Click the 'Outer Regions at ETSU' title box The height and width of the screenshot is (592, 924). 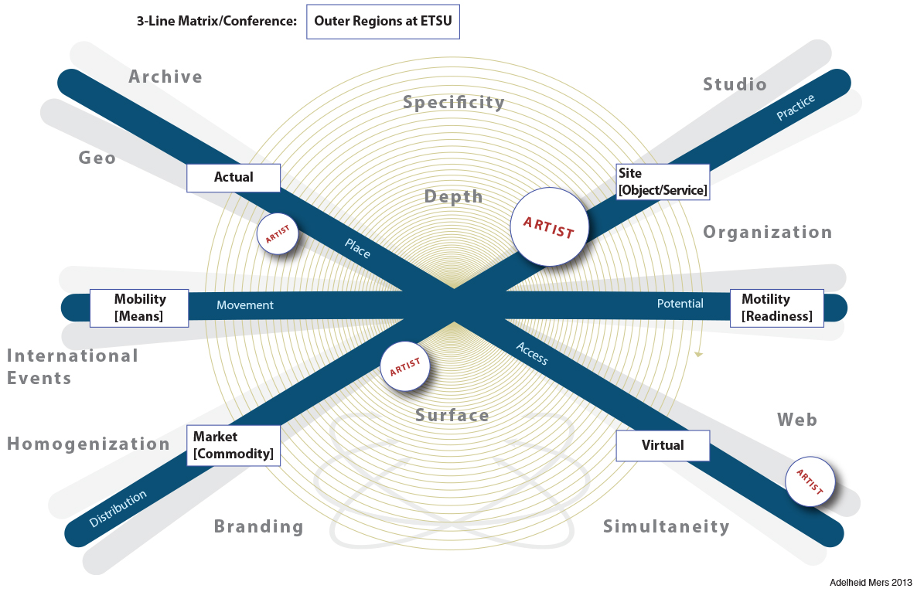coord(383,22)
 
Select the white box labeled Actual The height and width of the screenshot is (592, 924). coord(233,178)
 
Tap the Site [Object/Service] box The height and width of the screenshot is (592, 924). coord(663,182)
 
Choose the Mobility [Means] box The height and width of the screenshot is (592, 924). coord(139,307)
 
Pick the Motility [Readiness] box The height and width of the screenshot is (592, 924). coord(776,308)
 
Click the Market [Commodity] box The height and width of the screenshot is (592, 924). coord(233,445)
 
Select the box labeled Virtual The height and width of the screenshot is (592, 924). coord(662,445)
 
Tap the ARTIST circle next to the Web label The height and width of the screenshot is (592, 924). coord(810,481)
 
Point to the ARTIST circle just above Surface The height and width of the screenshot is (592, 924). coord(404,366)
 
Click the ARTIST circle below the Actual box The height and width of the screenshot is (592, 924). coord(278,234)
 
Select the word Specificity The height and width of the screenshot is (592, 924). coord(453,102)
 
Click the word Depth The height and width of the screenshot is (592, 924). coord(453,197)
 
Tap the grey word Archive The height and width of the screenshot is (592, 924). coord(165,77)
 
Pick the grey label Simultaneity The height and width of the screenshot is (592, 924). coord(666,527)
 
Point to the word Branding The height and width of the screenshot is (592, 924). coord(258,527)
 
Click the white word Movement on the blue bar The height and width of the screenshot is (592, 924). coord(245,305)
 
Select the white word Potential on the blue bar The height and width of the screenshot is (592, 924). coord(680,304)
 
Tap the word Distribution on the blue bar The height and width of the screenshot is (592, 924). coord(118,509)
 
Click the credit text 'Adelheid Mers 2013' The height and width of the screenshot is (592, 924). coord(868,581)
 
